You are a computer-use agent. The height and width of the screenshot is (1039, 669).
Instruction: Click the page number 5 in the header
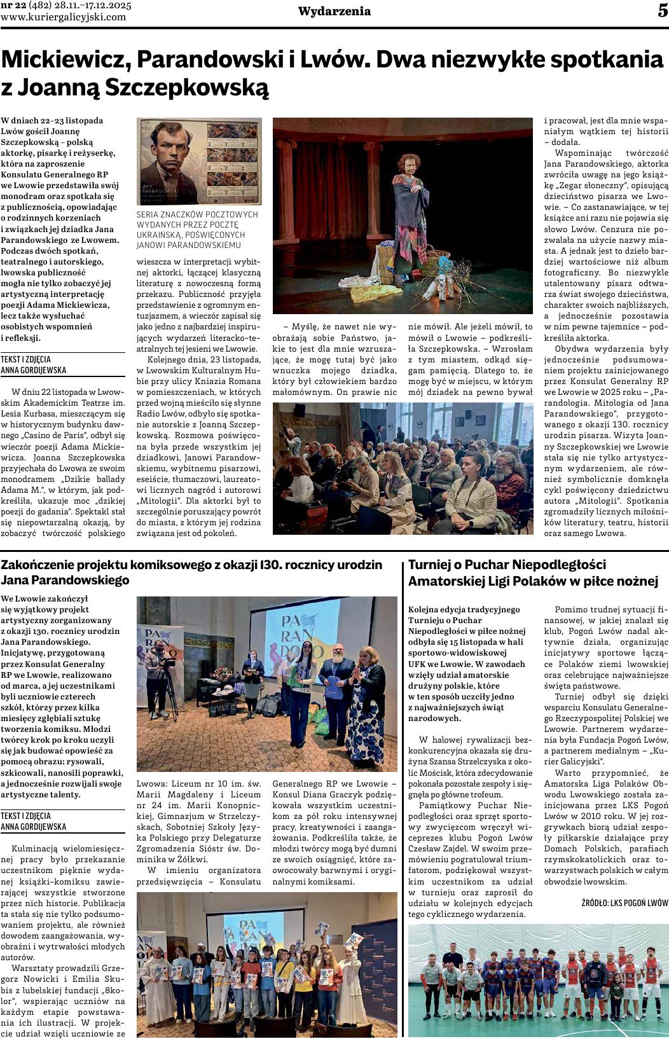pos(662,11)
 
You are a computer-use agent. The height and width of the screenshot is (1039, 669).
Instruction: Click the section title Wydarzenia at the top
pos(334,11)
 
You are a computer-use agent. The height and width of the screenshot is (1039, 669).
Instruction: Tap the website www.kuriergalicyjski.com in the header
pos(64,17)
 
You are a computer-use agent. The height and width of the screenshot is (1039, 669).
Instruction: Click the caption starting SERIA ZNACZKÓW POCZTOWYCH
pos(198,230)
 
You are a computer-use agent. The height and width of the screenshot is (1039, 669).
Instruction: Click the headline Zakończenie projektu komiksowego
pos(191,572)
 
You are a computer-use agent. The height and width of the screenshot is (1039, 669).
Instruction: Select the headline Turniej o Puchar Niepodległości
pos(533,572)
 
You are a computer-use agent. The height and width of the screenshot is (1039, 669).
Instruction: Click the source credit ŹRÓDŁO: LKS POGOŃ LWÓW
pos(625,903)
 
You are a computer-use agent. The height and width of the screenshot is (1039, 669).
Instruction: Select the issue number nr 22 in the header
pos(13,6)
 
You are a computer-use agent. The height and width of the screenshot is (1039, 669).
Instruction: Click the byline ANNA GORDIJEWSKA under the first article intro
pos(34,370)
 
